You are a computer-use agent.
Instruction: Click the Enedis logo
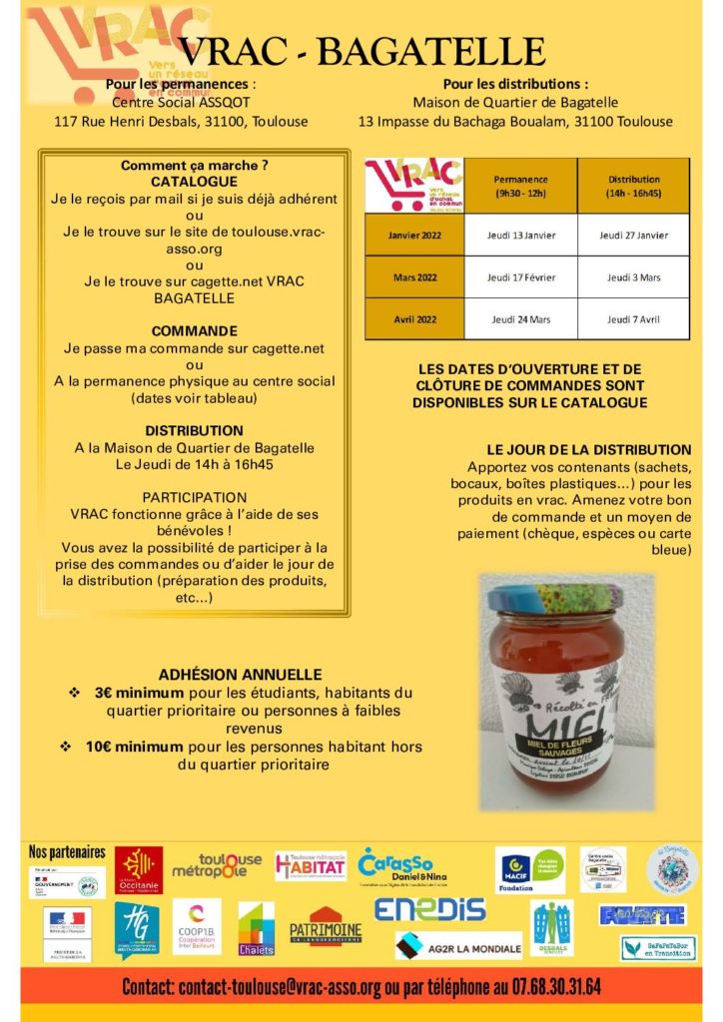pyautogui.click(x=429, y=909)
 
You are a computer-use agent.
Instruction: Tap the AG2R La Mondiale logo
pyautogui.click(x=458, y=944)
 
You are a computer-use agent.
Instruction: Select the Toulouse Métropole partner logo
pyautogui.click(x=216, y=865)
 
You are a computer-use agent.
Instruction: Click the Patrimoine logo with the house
pyautogui.click(x=326, y=927)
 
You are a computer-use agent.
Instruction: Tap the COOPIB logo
pyautogui.click(x=197, y=926)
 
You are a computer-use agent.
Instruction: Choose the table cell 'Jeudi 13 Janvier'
pyautogui.click(x=521, y=235)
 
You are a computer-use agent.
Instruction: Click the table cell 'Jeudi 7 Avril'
pyautogui.click(x=633, y=319)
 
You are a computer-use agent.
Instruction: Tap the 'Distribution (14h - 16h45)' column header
pyautogui.click(x=633, y=186)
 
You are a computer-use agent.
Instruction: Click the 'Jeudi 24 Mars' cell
pyautogui.click(x=521, y=319)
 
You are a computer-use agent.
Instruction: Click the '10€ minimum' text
pyautogui.click(x=135, y=747)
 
